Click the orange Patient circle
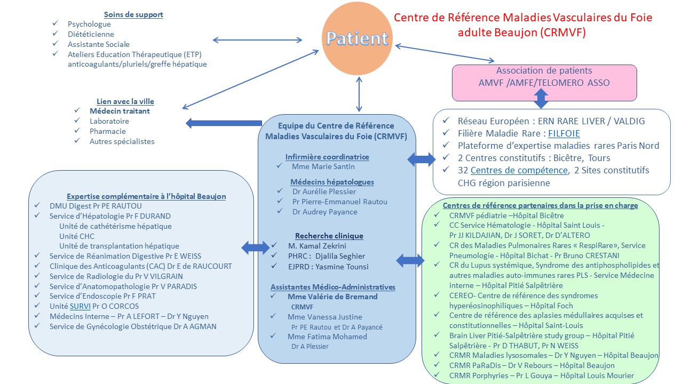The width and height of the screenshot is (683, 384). pos(357,39)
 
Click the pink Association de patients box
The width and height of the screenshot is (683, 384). pos(544,83)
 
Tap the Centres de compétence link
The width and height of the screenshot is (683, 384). pos(519,171)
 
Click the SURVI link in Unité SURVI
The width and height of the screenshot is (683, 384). pos(80,306)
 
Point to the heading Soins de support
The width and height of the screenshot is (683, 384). pos(133,14)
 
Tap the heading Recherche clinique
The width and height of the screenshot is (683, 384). pos(329,236)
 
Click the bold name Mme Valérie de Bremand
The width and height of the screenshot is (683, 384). pos(332,297)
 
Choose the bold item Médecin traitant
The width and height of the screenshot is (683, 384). pos(120,111)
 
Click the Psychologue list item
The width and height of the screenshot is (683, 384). pos(89,24)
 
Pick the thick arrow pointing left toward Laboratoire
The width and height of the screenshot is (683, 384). pos(224,123)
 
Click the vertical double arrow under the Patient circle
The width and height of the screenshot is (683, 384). pos(360,93)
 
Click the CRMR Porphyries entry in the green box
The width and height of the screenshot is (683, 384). pos(542,375)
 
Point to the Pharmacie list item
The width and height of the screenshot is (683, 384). pos(108,131)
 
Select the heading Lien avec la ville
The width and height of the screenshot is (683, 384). pos(125,101)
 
